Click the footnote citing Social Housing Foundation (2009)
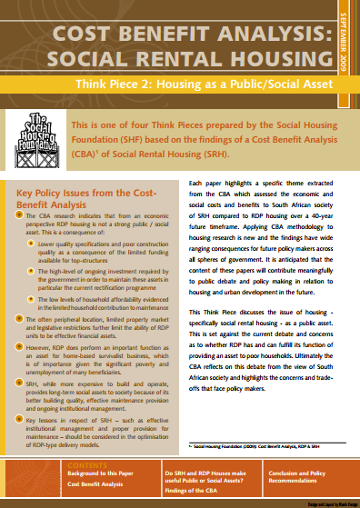point(255,422)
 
